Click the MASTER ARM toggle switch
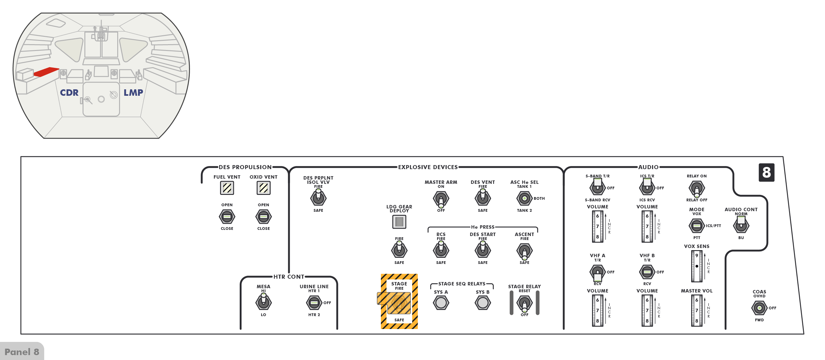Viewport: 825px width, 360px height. tap(441, 199)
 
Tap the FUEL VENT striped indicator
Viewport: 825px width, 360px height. tap(227, 188)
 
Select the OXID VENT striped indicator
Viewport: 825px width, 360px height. tap(263, 188)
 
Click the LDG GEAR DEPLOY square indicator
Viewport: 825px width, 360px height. tap(399, 222)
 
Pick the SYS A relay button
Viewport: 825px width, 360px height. tap(441, 303)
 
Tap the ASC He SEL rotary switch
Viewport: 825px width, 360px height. tap(524, 199)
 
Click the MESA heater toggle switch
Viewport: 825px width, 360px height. tap(263, 301)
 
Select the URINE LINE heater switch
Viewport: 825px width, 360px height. tap(314, 303)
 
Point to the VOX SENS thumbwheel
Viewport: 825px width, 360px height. tap(697, 266)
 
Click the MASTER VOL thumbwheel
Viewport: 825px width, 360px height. tap(697, 310)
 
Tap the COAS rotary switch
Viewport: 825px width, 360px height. tap(759, 308)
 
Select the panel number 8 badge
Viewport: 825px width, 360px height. tap(766, 172)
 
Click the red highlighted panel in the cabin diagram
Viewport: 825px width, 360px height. tap(46, 72)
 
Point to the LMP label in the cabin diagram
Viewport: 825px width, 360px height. tap(133, 93)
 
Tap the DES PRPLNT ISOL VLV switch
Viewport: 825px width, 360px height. tap(318, 197)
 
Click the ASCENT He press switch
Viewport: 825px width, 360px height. tap(524, 251)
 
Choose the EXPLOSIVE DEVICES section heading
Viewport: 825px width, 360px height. tap(428, 167)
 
